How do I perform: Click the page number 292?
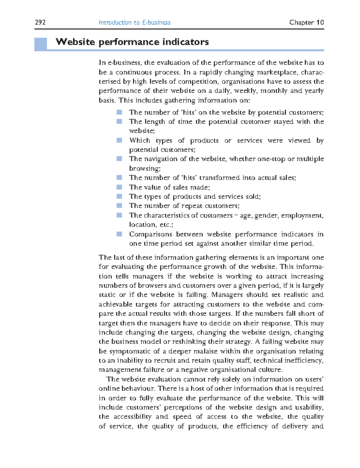[40, 22]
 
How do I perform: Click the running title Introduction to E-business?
[134, 22]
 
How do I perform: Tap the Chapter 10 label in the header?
[306, 22]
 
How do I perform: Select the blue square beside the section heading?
[40, 44]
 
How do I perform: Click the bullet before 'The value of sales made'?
[119, 187]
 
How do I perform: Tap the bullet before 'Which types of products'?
[119, 140]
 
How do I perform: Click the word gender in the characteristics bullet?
[266, 215]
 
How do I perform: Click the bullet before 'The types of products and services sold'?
[119, 196]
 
